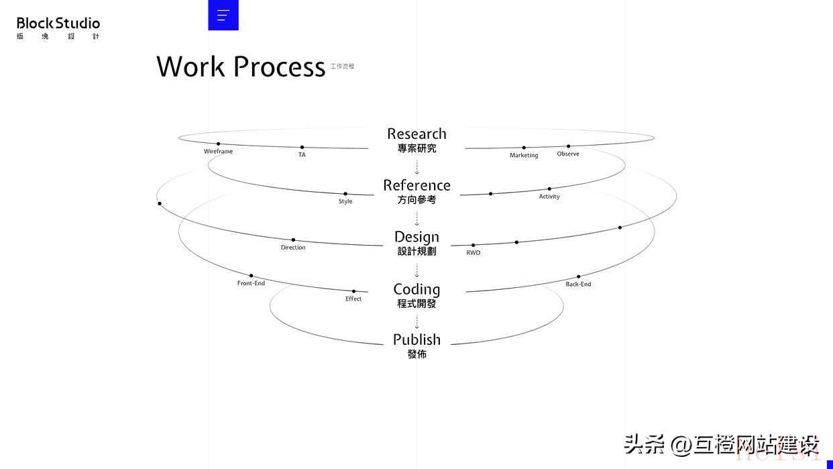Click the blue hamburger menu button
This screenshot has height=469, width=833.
point(223,15)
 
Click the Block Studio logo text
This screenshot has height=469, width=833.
point(58,23)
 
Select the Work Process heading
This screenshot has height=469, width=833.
point(241,67)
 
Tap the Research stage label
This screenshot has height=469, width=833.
point(416,134)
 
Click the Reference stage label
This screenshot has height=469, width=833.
point(416,185)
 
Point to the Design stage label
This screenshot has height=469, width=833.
point(416,237)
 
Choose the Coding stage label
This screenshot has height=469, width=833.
point(416,289)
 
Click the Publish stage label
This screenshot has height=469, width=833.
point(416,340)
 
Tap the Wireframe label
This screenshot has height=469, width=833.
point(218,152)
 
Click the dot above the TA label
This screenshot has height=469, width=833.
point(302,147)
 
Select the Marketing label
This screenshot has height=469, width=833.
point(524,156)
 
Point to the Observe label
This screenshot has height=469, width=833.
point(568,154)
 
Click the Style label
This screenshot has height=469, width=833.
point(345,201)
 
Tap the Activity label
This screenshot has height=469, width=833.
point(549,197)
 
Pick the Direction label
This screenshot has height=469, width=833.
point(293,248)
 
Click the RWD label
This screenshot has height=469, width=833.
point(474,253)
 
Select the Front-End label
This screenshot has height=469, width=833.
point(251,283)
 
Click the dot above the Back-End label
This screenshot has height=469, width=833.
point(578,276)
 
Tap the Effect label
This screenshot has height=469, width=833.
point(353,299)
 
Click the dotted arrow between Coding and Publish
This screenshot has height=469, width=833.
point(416,322)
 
